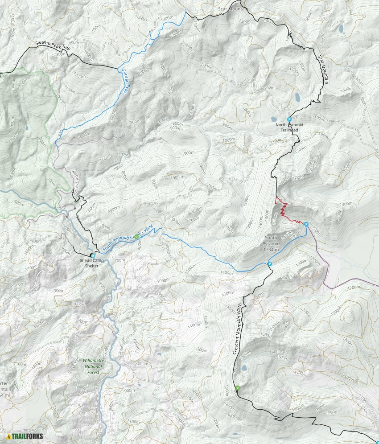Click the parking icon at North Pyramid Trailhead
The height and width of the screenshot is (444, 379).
289,119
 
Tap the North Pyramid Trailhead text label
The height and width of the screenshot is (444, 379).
289,127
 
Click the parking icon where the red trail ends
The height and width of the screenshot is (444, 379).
306,224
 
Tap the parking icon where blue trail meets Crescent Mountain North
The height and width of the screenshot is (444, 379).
270,264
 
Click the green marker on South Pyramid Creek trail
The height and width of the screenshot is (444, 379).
136,236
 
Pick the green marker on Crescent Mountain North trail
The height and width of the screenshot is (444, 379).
237,388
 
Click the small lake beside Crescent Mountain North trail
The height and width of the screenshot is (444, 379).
243,368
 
